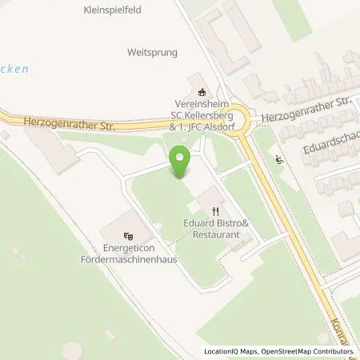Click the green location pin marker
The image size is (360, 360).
[x=180, y=163]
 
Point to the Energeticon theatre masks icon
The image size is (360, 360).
[x=128, y=236]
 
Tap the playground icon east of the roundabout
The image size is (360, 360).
[x=278, y=161]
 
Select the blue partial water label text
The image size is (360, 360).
[x=14, y=69]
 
